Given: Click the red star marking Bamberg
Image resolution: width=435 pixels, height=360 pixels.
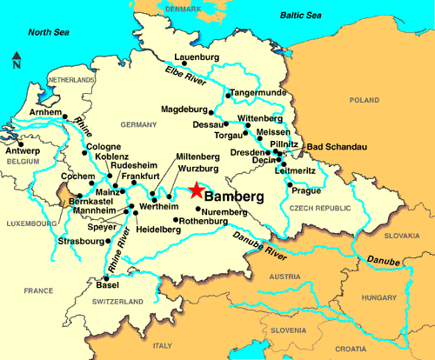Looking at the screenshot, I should tap(197, 190).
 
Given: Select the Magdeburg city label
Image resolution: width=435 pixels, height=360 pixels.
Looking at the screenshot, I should tap(185, 110).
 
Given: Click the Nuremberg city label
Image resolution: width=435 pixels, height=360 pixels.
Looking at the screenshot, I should tap(229, 210).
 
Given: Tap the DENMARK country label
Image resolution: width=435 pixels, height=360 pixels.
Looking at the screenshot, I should tap(183, 9).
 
